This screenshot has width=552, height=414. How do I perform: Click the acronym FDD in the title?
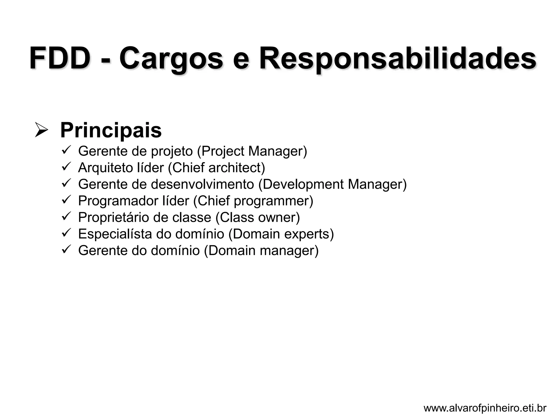[x=60, y=58]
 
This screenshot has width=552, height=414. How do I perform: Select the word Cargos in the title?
[x=171, y=58]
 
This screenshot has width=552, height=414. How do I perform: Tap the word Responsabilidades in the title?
[x=398, y=58]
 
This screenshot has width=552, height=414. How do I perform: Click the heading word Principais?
[x=111, y=130]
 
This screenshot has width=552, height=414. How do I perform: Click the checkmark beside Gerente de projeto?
[x=66, y=150]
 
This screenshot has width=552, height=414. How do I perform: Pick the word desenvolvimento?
[x=202, y=184]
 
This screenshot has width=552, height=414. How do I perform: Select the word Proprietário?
[x=113, y=218]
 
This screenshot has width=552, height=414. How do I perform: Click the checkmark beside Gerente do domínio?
[x=66, y=249]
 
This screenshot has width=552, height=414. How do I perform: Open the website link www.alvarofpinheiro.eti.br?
[x=485, y=408]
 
